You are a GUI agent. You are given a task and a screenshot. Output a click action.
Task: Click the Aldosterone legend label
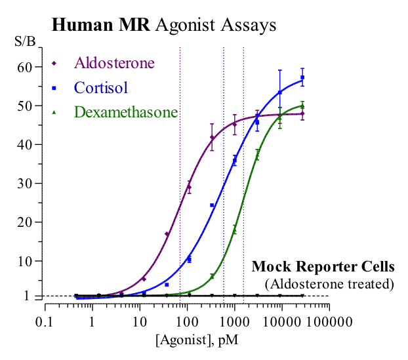pyautogui.click(x=114, y=63)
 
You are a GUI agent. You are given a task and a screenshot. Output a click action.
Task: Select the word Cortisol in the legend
pyautogui.click(x=100, y=87)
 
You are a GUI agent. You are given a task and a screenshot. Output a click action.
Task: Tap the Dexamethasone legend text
pyautogui.click(x=125, y=112)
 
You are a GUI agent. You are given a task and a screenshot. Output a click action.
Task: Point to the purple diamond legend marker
pyautogui.click(x=54, y=64)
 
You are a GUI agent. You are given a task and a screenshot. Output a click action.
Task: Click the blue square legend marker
pyautogui.click(x=54, y=88)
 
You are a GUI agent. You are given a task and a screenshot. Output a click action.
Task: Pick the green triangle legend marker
pyautogui.click(x=54, y=113)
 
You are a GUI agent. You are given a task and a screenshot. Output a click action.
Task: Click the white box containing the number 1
pyautogui.click(x=26, y=296)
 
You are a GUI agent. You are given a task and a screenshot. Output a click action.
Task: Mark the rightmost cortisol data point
pyautogui.click(x=302, y=80)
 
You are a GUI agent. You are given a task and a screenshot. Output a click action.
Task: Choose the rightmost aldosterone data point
pyautogui.click(x=302, y=113)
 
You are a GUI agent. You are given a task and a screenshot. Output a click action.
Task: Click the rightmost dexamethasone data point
pyautogui.click(x=302, y=105)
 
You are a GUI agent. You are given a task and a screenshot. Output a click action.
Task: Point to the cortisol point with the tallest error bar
pyautogui.click(x=280, y=91)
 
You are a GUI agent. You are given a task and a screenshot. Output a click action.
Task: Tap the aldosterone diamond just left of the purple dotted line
pyautogui.click(x=167, y=233)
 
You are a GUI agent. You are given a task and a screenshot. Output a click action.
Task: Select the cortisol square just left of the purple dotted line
pyautogui.click(x=167, y=285)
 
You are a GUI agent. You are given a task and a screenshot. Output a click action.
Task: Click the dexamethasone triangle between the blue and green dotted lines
pyautogui.click(x=234, y=229)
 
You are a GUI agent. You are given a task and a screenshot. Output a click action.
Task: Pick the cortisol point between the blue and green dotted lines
pyautogui.click(x=234, y=158)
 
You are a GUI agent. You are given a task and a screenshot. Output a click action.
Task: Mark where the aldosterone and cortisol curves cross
pyautogui.click(x=253, y=119)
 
